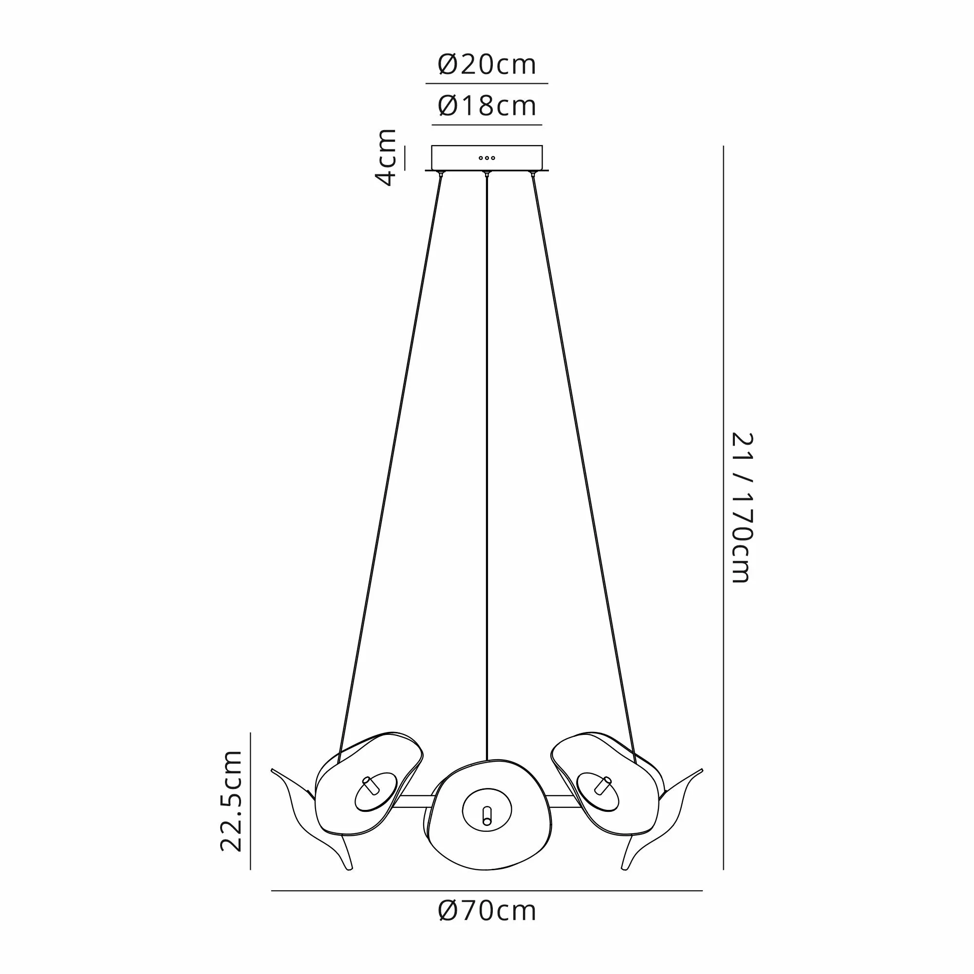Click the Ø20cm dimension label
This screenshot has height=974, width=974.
[x=487, y=65]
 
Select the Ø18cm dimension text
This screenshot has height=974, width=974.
[x=487, y=106]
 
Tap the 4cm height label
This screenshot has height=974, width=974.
[x=386, y=157]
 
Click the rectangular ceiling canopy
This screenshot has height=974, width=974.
[x=487, y=158]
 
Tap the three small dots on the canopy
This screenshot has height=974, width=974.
[x=487, y=158]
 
